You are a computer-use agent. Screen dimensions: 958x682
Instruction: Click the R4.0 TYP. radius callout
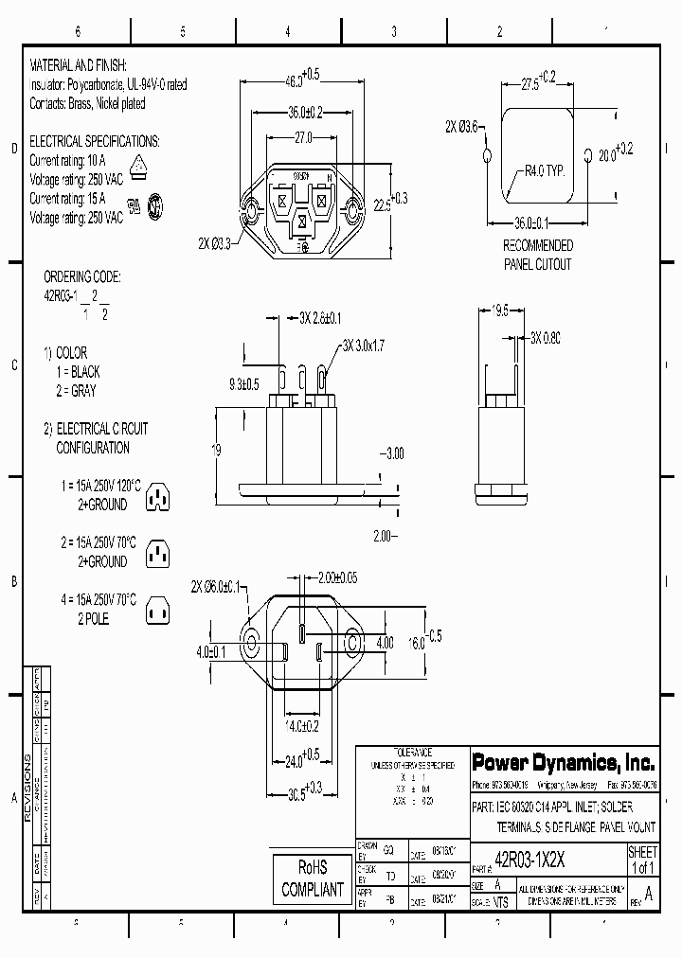click(545, 171)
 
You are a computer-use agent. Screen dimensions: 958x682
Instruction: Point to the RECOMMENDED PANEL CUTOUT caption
click(537, 255)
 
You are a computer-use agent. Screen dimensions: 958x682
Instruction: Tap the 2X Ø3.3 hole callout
click(220, 243)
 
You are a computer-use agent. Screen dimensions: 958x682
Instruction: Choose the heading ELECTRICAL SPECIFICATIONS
click(95, 141)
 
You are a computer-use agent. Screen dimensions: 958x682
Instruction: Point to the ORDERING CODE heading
click(82, 277)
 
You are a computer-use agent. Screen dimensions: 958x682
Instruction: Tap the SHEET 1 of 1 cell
click(642, 860)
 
